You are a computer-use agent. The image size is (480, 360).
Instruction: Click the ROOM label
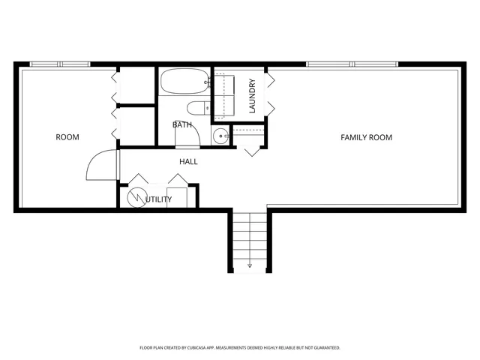tap(67, 137)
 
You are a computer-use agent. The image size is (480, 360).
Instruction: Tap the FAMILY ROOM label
tap(366, 137)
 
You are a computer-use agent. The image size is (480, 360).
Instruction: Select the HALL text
tap(188, 161)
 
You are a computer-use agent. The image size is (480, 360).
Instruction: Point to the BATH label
tap(181, 124)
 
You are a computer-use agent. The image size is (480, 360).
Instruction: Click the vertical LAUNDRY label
tap(252, 96)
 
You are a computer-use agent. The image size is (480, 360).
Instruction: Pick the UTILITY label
tap(158, 199)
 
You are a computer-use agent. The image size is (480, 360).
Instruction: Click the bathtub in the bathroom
tap(184, 81)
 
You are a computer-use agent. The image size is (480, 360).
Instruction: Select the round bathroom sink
tap(220, 136)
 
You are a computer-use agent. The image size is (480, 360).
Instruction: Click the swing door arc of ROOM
tap(99, 166)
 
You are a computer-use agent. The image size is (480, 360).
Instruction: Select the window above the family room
tap(352, 64)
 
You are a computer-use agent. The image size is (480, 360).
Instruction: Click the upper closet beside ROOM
tap(136, 86)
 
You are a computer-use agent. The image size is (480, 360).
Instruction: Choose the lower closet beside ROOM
tap(136, 124)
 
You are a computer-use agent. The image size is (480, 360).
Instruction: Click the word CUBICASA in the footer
tap(208, 348)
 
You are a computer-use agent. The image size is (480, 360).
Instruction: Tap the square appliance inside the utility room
tap(181, 196)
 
